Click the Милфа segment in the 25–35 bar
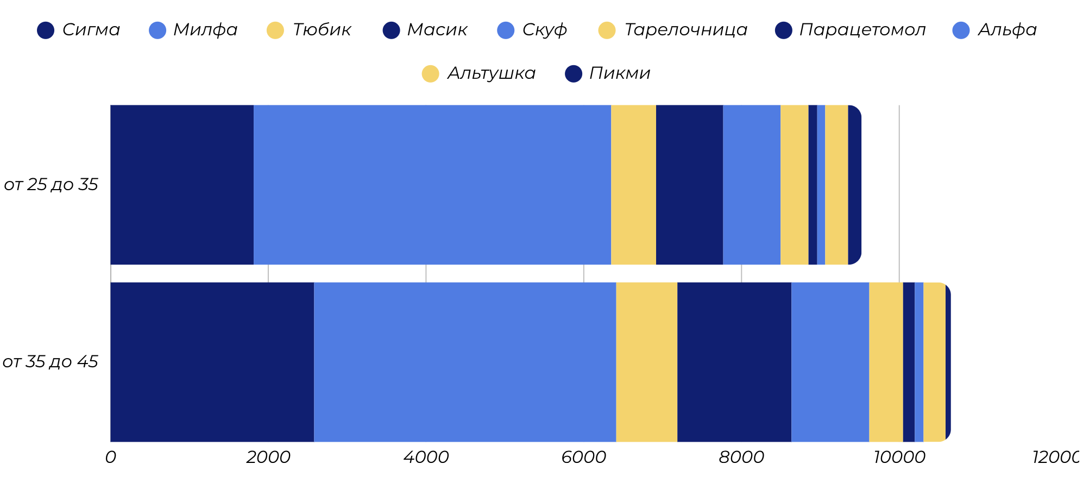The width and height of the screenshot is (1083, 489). (x=432, y=185)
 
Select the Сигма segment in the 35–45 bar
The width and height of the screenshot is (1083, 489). (x=212, y=362)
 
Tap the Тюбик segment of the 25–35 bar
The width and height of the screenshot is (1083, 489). (x=633, y=185)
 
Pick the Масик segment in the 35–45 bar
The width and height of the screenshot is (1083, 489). (x=734, y=362)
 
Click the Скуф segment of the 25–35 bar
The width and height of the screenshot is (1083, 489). (x=751, y=185)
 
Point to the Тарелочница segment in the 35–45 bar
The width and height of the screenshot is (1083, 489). (x=885, y=362)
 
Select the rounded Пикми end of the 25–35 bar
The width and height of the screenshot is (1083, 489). (x=854, y=185)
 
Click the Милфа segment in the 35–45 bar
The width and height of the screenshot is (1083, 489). (x=464, y=362)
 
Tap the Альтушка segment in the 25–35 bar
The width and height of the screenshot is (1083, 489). (x=836, y=185)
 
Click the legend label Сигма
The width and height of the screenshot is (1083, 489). (x=91, y=30)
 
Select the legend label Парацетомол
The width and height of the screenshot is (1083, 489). (x=862, y=30)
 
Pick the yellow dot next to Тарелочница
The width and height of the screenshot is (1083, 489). (x=607, y=30)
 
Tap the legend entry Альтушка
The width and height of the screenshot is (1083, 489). (x=491, y=73)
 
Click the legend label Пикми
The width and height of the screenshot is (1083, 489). (x=619, y=73)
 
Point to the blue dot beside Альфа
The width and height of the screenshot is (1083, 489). (x=961, y=30)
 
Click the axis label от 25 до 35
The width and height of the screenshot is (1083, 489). (x=51, y=185)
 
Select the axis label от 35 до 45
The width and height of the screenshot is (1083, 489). (x=50, y=362)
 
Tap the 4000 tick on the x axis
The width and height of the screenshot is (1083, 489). (x=426, y=457)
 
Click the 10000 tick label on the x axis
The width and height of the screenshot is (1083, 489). (x=899, y=457)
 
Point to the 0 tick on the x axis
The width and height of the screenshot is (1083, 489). (x=110, y=457)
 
